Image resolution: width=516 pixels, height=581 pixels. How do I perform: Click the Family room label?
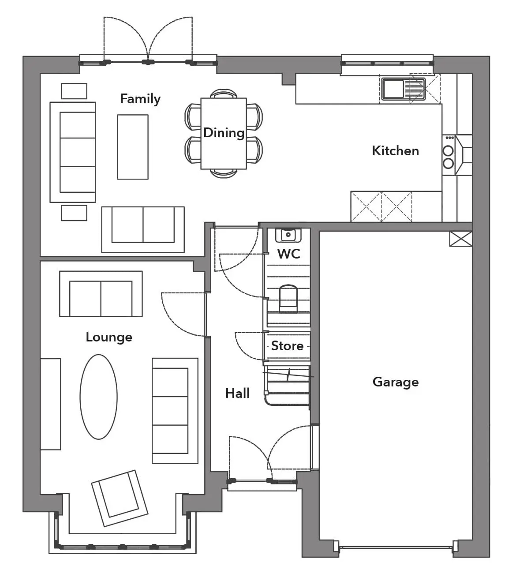140,99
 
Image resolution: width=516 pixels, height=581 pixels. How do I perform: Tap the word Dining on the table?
224,133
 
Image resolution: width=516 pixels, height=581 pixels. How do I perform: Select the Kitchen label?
395,151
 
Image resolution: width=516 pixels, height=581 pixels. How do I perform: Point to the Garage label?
396,382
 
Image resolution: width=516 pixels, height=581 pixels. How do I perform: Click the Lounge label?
109,337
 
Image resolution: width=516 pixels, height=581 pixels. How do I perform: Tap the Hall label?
237,394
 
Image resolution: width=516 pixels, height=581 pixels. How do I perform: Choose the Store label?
287,346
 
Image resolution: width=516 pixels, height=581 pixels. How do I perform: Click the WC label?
289,254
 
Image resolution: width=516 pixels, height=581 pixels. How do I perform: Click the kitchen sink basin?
393,89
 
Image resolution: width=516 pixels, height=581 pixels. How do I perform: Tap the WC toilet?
288,298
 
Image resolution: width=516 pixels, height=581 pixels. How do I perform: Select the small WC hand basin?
288,235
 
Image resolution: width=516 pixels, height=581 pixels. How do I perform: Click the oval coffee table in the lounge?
99,397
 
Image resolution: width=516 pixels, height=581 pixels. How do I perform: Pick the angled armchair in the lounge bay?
120,499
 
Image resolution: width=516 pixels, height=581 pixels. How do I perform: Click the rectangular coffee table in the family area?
133,147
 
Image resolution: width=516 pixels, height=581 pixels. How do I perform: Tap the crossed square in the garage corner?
461,239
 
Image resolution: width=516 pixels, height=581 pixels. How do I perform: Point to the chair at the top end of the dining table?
224,94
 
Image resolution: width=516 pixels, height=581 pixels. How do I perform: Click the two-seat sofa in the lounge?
101,294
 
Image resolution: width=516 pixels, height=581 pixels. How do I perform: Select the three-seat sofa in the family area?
73,152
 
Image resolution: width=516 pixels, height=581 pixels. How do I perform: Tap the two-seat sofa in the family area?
143,230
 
